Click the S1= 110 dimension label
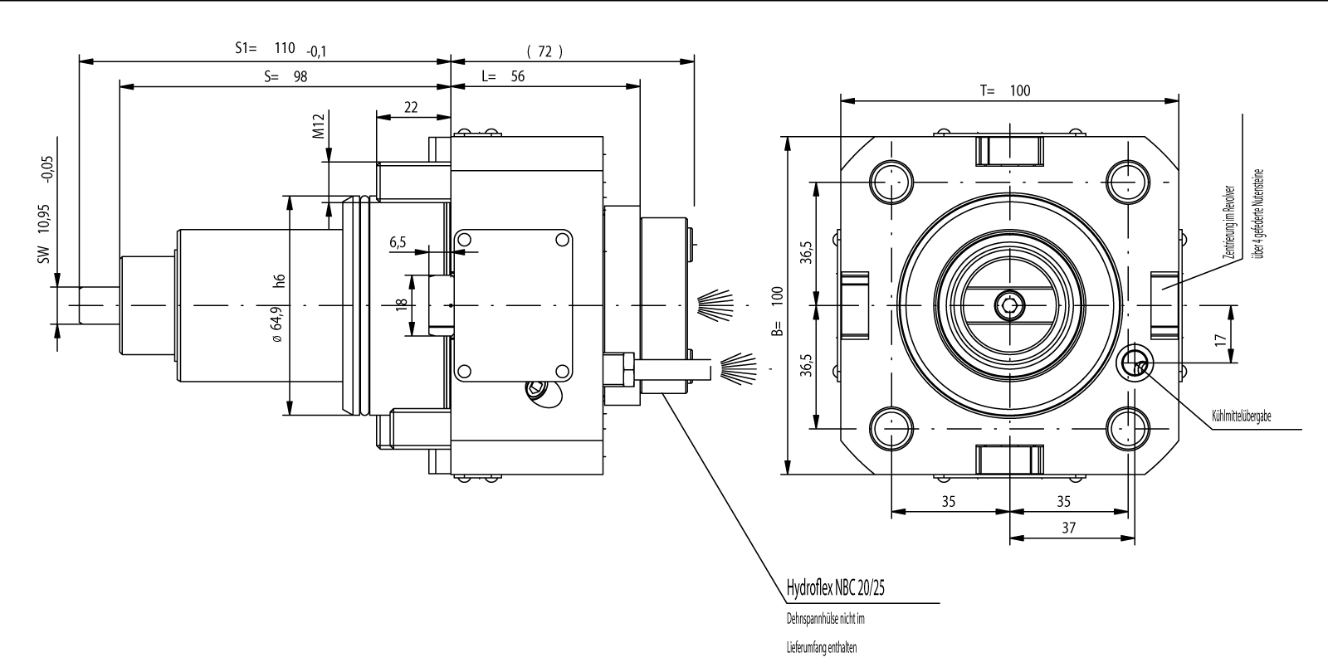tap(266, 48)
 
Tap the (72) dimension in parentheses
tap(544, 51)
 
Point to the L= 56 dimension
tap(503, 76)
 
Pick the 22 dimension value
tap(411, 107)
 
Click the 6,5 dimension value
tap(398, 242)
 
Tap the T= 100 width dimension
tap(1005, 90)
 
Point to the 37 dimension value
tap(1068, 528)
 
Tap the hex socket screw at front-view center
tap(1009, 306)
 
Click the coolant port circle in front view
tap(1134, 363)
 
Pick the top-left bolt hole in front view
tap(890, 182)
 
